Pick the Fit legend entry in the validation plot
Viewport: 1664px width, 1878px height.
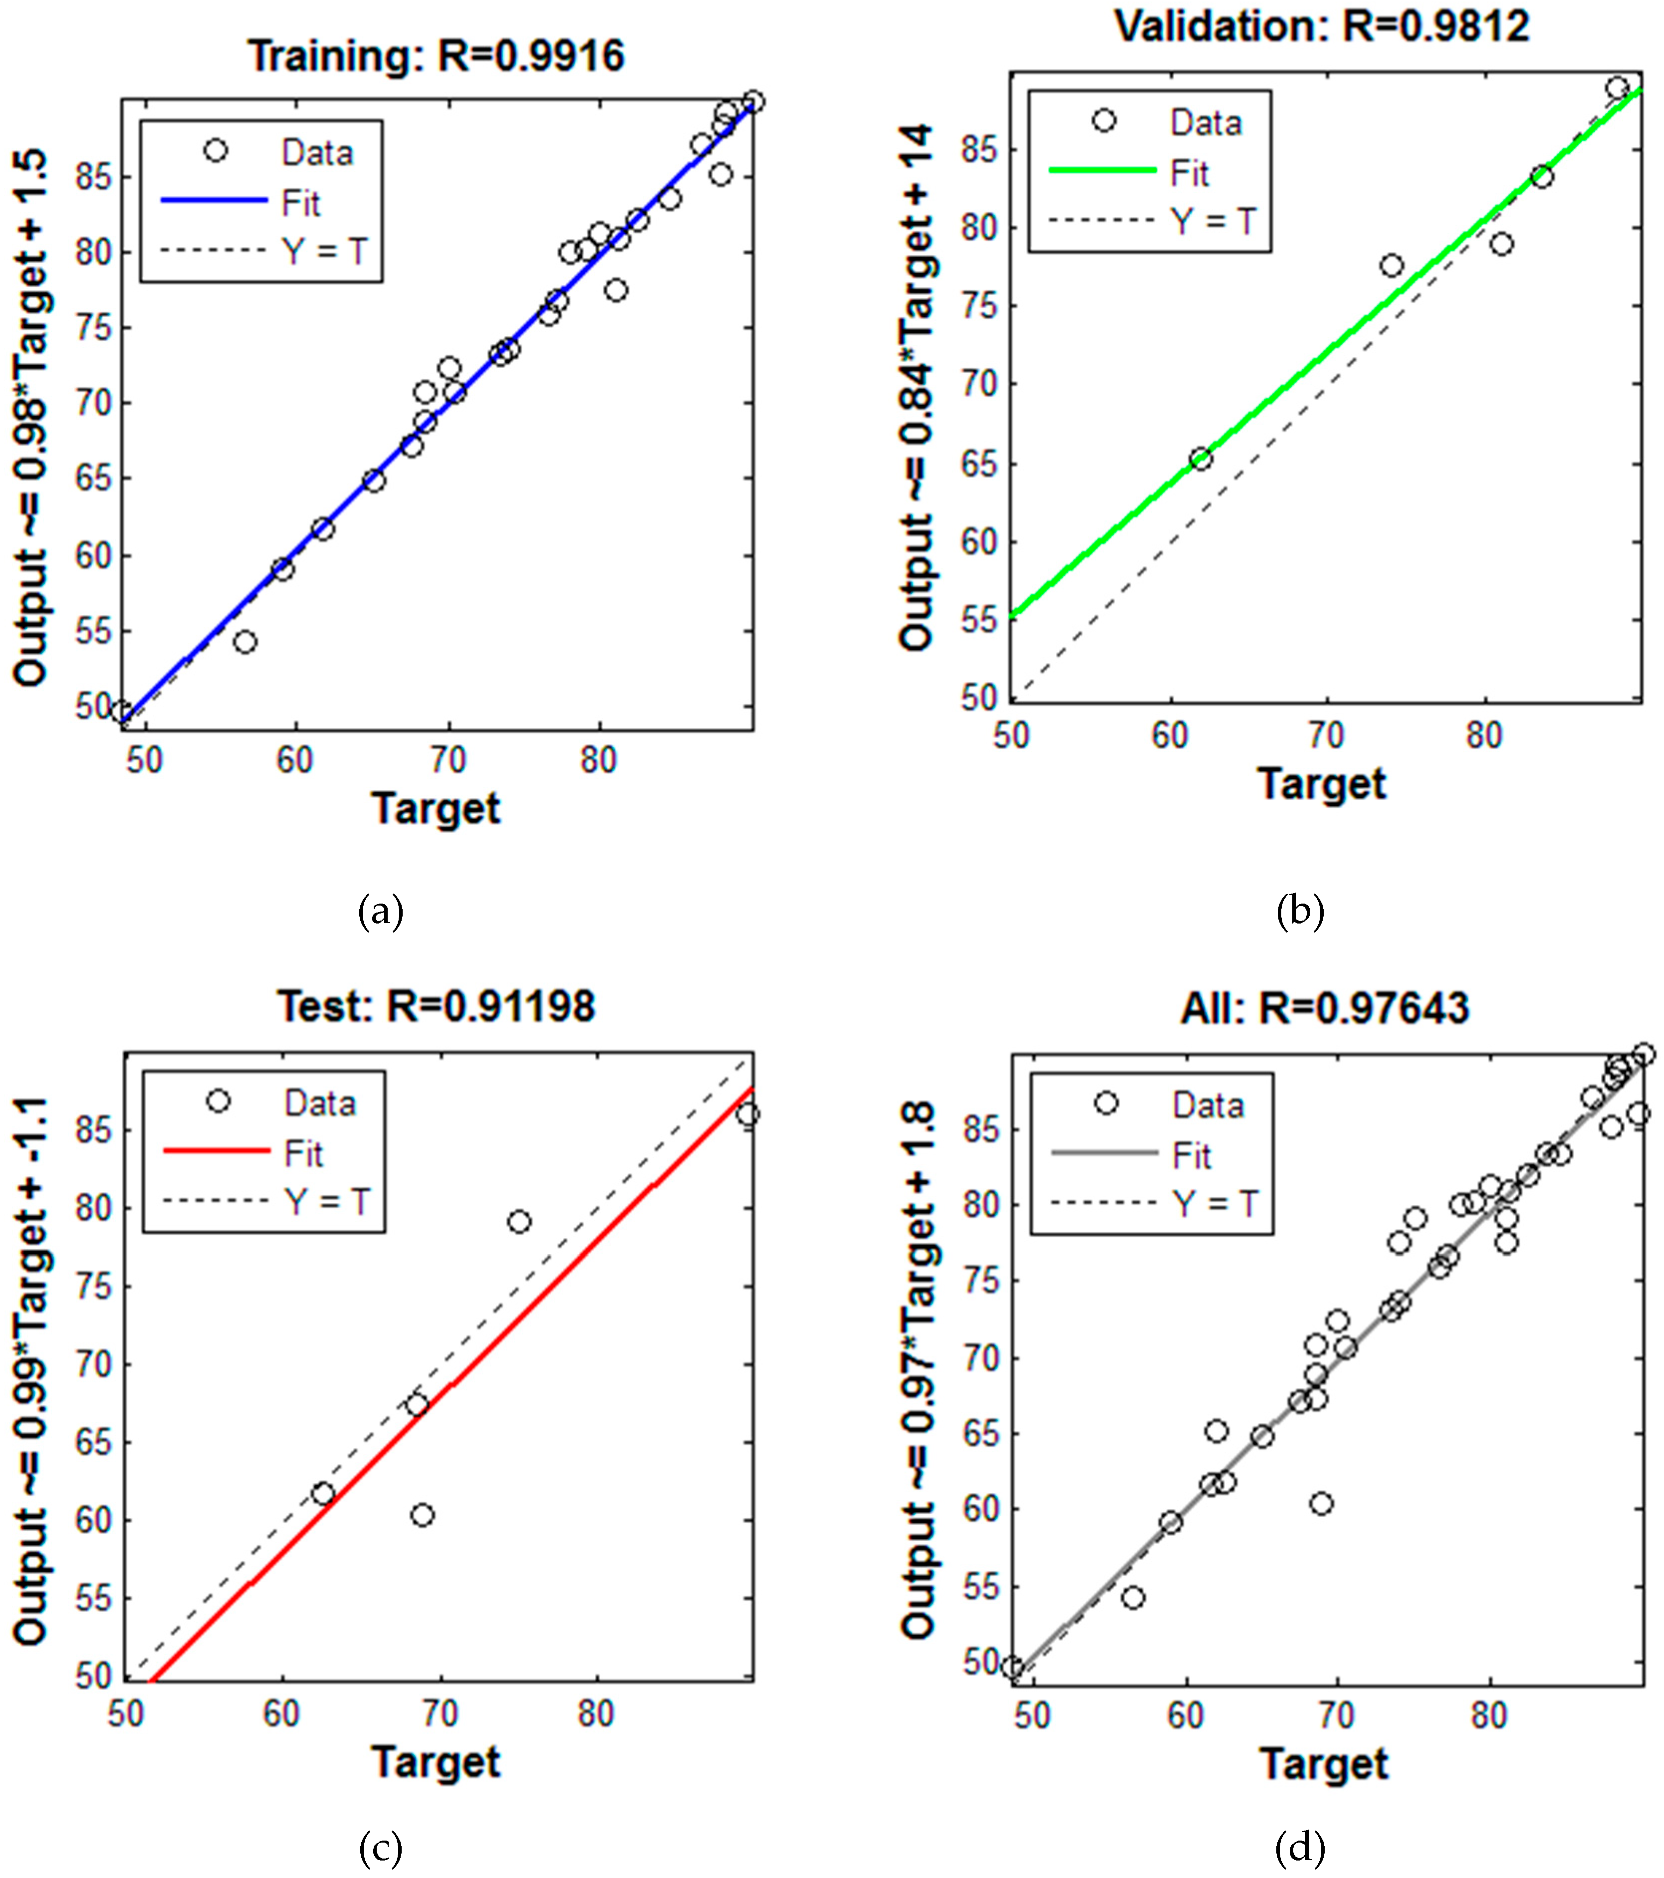(1189, 174)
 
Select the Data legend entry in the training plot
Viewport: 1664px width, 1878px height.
(316, 153)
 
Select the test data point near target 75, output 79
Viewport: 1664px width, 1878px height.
(519, 1221)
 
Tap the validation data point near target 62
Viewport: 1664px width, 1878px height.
(1200, 459)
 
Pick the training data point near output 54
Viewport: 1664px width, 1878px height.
(244, 641)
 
